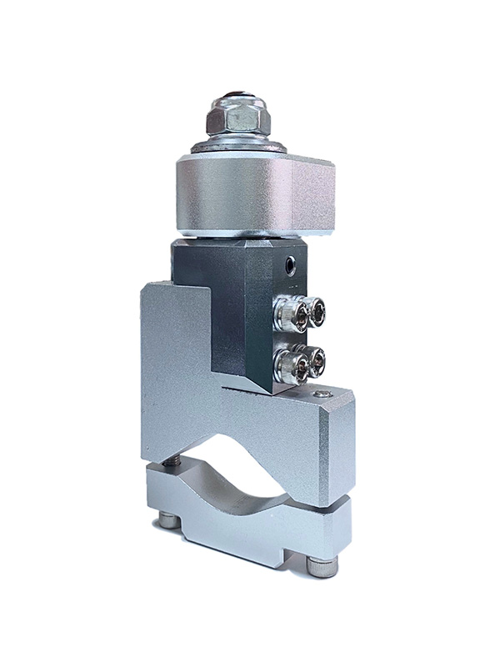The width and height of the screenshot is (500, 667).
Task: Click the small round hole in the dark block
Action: point(289,266)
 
